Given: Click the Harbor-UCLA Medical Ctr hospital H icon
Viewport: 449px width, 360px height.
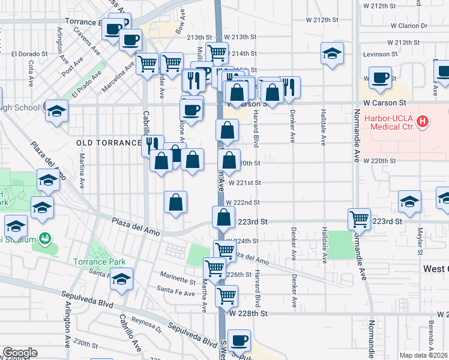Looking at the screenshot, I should (423, 122).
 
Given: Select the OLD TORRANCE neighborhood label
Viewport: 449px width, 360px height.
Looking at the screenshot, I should (108, 143).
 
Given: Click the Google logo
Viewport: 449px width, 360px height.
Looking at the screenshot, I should (20, 353).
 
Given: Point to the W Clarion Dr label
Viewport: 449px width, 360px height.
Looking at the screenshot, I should (409, 26).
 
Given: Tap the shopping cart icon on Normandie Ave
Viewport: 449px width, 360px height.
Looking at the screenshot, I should (359, 219).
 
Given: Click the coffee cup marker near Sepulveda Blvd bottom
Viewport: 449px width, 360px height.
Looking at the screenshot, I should (239, 340).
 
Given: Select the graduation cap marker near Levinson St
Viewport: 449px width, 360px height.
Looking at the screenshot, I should (332, 53).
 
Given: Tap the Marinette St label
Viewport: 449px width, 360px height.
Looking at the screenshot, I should (178, 280).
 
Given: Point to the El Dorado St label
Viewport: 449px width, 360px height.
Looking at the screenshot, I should (29, 53).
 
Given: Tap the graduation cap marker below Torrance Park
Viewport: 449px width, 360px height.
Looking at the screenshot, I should (122, 280).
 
